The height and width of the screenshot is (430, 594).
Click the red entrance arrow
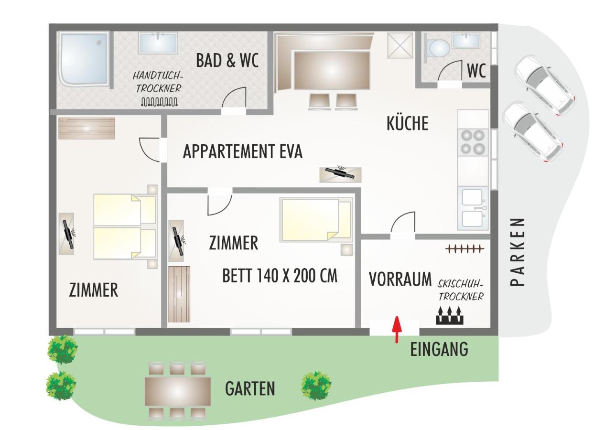coord(397,330)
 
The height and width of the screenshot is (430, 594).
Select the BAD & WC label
coord(227,60)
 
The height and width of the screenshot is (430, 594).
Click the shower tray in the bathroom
coord(84,59)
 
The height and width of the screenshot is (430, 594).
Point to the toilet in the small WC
coord(438,49)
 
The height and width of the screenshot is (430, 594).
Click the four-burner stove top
coord(473,142)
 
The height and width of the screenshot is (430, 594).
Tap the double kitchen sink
coord(473,208)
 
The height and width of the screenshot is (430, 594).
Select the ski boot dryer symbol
coord(450,315)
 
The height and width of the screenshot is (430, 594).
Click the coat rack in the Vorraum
coord(464,248)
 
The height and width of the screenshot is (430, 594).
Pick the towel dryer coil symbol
coord(159,102)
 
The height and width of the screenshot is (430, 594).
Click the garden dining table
coord(178,392)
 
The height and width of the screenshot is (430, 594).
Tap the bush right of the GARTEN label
coord(316,386)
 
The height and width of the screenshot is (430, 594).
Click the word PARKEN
coord(518,252)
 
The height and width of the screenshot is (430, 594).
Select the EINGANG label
coord(439,349)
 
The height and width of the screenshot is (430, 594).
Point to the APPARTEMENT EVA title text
coord(243,151)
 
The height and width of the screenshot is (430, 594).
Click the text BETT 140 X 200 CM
coord(280,276)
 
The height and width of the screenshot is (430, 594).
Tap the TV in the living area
coord(340,174)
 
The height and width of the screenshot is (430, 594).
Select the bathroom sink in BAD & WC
coord(158,43)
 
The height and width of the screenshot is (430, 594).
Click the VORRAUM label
coord(400,279)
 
